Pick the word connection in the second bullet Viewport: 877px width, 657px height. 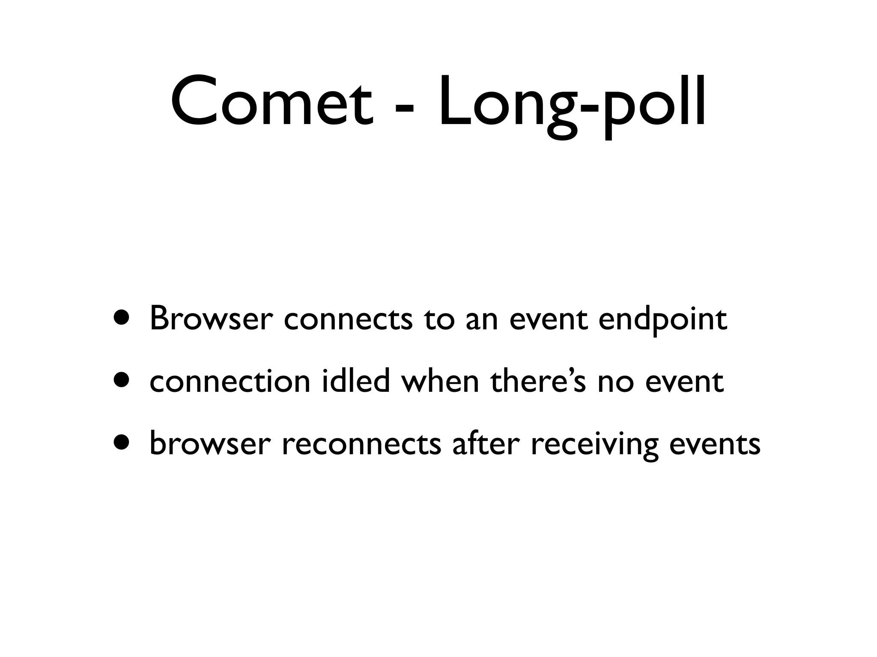230,381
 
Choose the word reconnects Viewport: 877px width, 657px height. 361,444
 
